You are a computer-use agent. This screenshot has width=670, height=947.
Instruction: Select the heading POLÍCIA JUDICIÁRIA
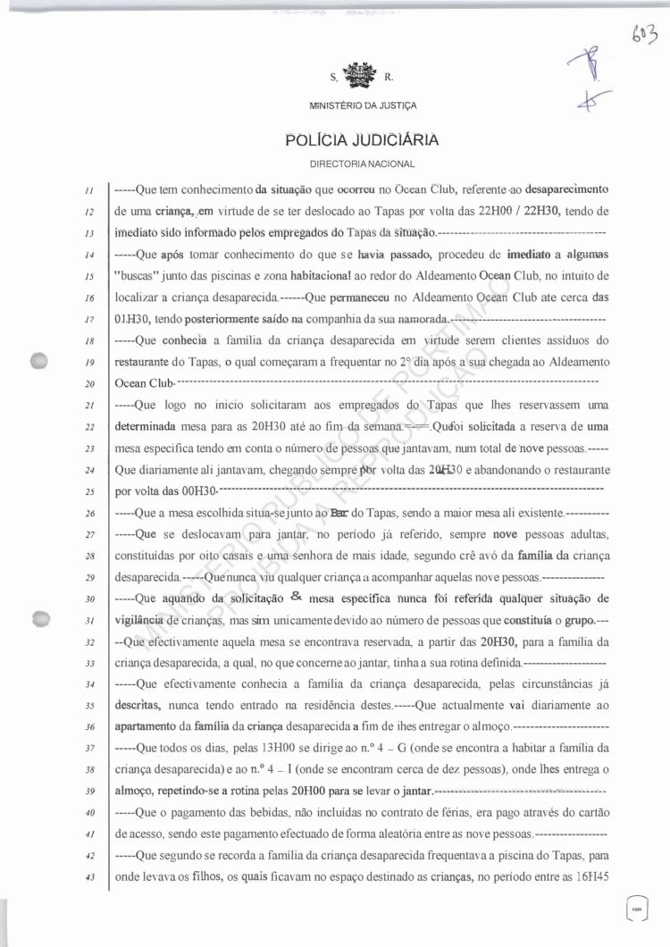(x=361, y=139)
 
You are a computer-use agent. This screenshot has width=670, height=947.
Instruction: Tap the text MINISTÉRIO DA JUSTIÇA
(x=362, y=106)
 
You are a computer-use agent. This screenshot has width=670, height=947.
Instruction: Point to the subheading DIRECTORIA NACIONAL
(x=362, y=165)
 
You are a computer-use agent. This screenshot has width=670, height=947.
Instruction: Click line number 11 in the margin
(x=90, y=190)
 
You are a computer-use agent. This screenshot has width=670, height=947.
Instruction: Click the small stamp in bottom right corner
(x=637, y=905)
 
